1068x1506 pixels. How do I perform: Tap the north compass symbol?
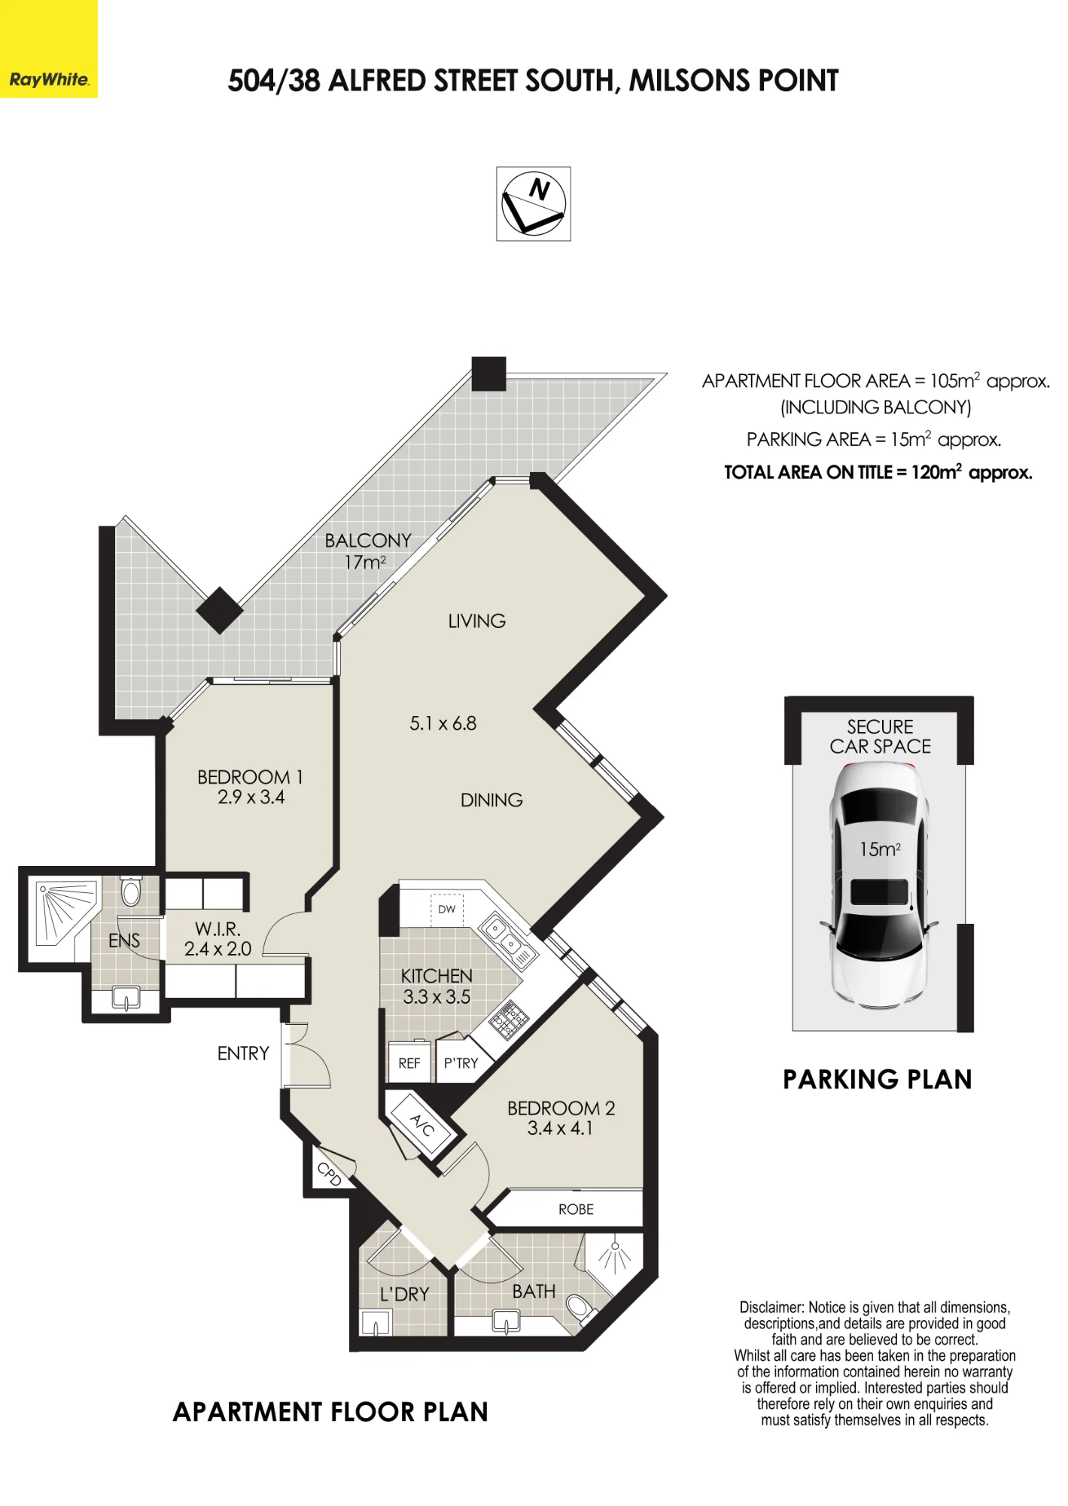coord(534,204)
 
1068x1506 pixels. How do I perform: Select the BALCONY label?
coord(368,541)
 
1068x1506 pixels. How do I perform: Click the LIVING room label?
coord(476,621)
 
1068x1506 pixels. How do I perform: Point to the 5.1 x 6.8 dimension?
coord(443,724)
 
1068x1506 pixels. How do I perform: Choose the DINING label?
coord(491,800)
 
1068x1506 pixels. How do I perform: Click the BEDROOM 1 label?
coord(250,777)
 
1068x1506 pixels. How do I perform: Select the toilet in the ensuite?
coord(131,892)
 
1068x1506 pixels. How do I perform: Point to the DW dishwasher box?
coord(447,909)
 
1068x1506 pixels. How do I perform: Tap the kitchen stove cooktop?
coord(510,1020)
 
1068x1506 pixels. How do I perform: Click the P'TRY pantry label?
coord(461,1063)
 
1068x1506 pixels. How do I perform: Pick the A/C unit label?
coord(422,1126)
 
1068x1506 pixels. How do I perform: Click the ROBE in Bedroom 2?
coord(576,1209)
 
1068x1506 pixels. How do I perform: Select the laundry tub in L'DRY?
coord(376,1322)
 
